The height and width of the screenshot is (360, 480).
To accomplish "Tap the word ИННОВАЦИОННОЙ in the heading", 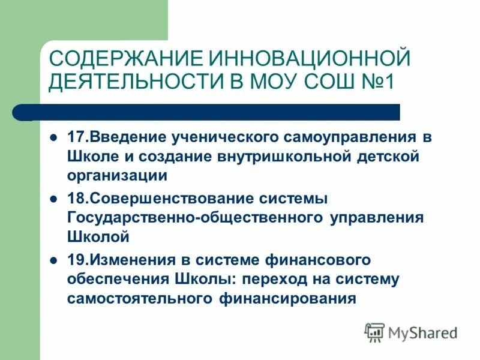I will (309, 59).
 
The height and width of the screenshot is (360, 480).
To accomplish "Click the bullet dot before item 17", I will (53, 137).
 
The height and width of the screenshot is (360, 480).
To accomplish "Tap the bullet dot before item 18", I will (53, 198).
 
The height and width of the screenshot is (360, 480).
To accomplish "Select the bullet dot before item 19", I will (53, 260).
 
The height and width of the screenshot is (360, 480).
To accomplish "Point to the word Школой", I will (98, 237).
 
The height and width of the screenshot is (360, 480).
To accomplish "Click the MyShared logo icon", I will (374, 332).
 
